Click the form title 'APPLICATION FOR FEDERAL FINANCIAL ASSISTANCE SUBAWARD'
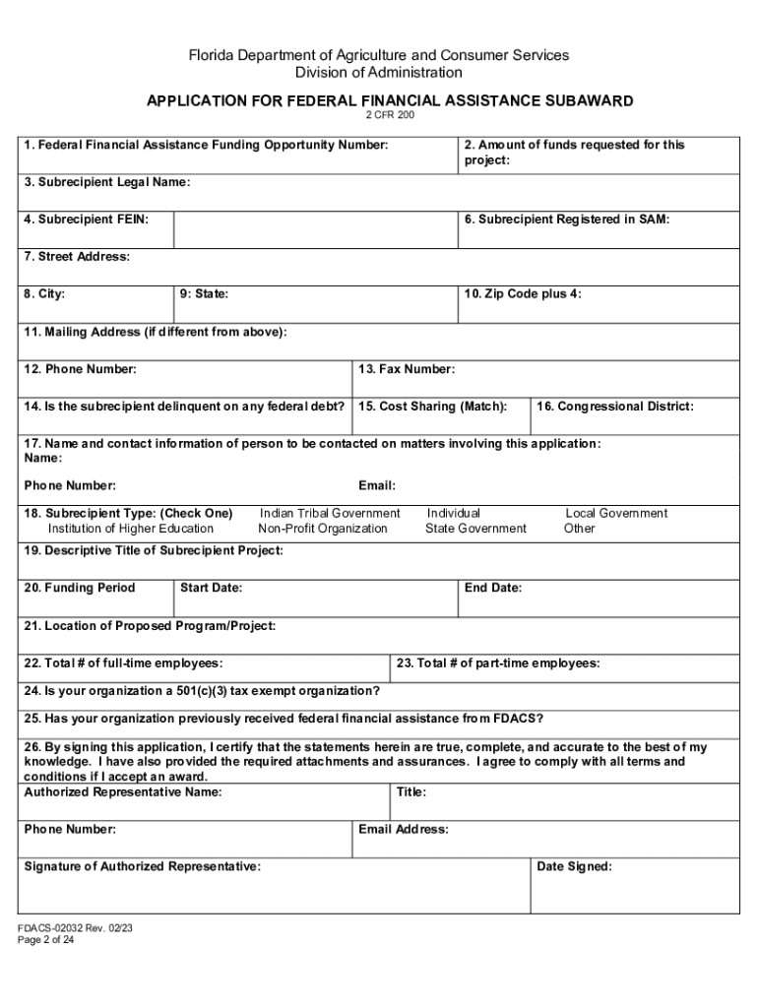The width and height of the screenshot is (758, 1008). pos(390,100)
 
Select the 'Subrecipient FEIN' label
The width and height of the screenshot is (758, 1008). pos(87,220)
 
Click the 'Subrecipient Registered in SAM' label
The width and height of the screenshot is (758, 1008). pos(567,220)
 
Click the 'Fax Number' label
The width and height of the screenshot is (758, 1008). pos(407,369)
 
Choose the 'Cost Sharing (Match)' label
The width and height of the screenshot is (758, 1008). pos(433,407)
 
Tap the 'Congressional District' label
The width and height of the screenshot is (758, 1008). pos(615,407)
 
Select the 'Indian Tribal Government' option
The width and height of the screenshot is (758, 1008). pos(330,513)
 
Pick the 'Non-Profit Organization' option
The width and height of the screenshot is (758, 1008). pos(323,529)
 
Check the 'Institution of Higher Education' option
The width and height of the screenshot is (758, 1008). pos(131,529)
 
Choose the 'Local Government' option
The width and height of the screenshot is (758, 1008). pos(616,513)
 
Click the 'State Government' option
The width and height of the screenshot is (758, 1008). pos(475,529)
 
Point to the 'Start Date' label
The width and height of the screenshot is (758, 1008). pos(211,588)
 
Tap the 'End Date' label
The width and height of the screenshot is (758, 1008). pos(493,588)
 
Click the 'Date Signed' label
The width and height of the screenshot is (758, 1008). pos(574,866)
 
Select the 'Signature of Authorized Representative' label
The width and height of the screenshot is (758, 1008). pos(143,866)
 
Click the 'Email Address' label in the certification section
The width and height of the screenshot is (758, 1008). pos(404,829)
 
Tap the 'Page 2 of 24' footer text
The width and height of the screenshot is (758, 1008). pos(46,940)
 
